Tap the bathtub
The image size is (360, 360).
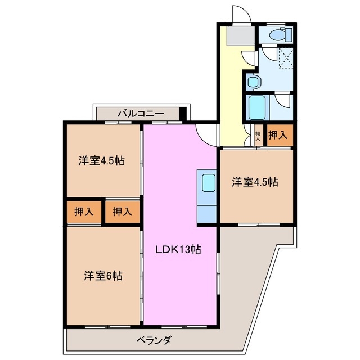pos(258,106)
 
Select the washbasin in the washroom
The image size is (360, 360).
pos(253,82)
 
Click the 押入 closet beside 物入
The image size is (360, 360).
pos(278,135)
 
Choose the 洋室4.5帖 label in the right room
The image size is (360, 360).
pos(256,182)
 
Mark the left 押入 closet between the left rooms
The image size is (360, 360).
pos(84,212)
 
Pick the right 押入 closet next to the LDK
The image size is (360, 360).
pos(122,212)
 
